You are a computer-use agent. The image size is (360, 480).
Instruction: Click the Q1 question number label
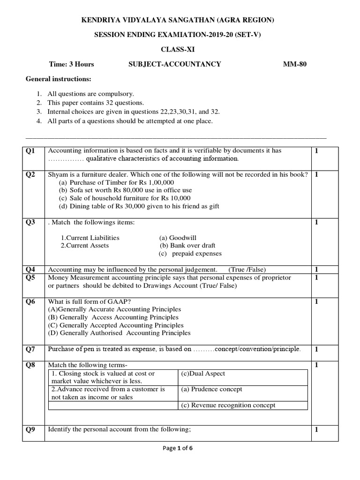coord(30,151)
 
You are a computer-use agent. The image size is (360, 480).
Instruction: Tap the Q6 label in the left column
coord(30,302)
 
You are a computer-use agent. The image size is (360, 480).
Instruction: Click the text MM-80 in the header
coord(294,64)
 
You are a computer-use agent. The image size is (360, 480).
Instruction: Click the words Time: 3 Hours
coord(72,64)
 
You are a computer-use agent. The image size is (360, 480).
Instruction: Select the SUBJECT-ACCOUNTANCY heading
coord(174,64)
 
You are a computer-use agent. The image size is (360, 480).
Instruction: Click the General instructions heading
coord(58,79)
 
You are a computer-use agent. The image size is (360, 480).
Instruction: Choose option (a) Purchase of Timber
coord(116,182)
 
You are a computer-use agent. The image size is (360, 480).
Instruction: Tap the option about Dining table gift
coord(139,206)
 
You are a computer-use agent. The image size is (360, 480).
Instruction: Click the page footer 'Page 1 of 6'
coord(178,448)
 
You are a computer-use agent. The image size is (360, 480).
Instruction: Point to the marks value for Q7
coord(316,349)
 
